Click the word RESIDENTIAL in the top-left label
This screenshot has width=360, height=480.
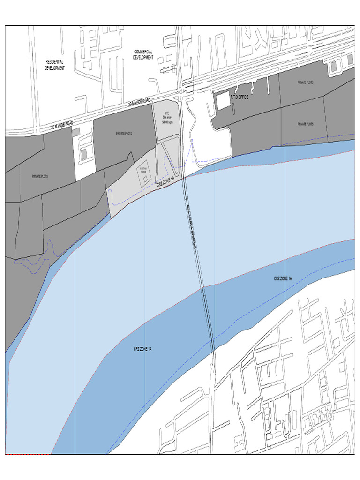click(x=54, y=62)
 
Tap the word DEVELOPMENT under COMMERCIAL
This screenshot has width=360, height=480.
click(x=143, y=58)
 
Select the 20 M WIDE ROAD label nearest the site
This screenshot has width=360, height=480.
click(x=140, y=101)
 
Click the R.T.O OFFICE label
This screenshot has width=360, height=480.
click(x=239, y=97)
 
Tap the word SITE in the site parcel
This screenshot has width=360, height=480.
click(x=166, y=112)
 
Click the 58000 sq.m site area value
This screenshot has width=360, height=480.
click(x=167, y=122)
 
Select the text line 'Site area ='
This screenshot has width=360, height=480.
click(x=167, y=117)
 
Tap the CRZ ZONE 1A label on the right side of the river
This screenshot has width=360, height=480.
click(x=283, y=278)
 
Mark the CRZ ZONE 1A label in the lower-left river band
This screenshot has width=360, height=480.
click(x=142, y=349)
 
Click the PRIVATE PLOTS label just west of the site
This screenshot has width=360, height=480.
click(x=124, y=134)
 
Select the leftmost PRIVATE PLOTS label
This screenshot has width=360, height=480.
click(x=40, y=176)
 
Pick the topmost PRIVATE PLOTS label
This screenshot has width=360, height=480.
click(x=305, y=82)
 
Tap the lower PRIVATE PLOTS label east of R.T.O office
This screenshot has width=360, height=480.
click(x=305, y=124)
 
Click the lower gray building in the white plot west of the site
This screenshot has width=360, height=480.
click(x=84, y=154)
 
